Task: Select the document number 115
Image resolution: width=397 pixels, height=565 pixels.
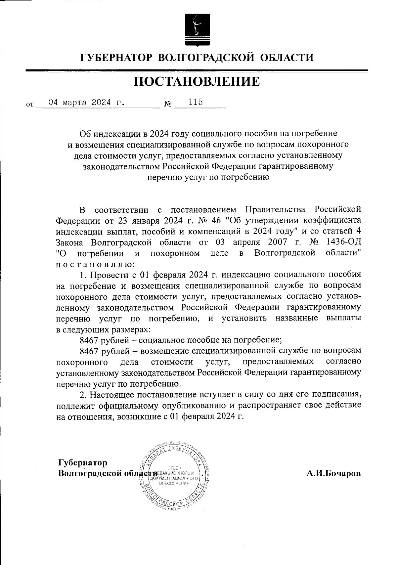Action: click(196, 102)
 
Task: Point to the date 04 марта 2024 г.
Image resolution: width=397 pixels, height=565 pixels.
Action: click(87, 102)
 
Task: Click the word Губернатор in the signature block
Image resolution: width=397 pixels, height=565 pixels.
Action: click(83, 462)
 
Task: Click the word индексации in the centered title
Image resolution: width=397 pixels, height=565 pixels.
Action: click(117, 134)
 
